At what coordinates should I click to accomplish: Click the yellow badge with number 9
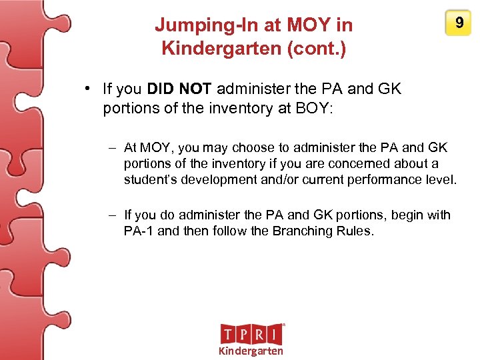click(459, 24)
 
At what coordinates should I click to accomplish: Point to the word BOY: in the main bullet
click(317, 109)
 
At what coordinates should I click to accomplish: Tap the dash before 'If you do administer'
click(113, 215)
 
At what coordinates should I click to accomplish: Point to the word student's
click(149, 179)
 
